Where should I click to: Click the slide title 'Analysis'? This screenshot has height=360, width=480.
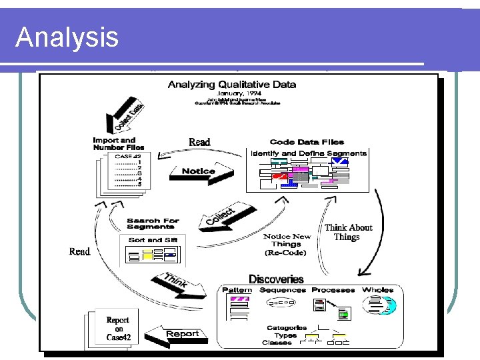click(67, 37)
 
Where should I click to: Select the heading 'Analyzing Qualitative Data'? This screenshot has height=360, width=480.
click(232, 85)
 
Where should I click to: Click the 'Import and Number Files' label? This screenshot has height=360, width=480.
click(119, 143)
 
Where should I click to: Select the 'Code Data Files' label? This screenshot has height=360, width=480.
click(307, 142)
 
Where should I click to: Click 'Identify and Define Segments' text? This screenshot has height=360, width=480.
click(309, 153)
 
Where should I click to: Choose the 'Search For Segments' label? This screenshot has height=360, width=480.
click(153, 225)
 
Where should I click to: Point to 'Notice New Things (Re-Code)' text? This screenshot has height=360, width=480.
click(287, 244)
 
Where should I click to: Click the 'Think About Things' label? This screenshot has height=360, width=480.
click(347, 232)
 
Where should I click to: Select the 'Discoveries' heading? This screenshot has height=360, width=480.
click(276, 279)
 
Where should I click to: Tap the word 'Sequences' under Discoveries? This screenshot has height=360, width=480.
click(283, 290)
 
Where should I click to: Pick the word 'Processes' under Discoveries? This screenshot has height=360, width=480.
click(333, 290)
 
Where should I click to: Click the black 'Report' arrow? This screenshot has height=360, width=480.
click(175, 334)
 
